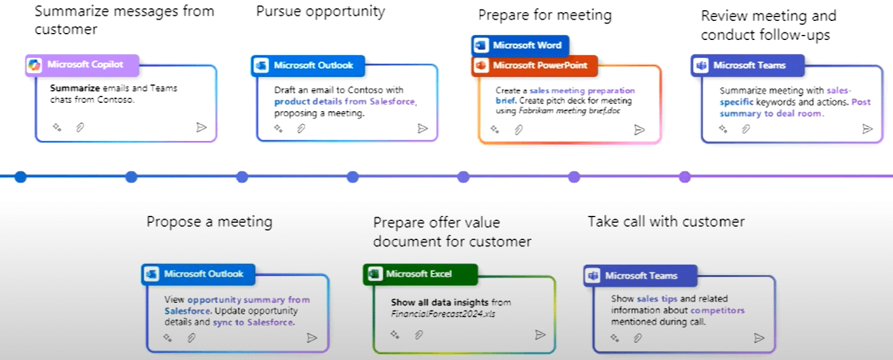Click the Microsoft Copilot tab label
[x=82, y=65]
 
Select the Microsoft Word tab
[x=520, y=46]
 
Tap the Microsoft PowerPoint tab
[x=534, y=65]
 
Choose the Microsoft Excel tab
[x=420, y=274]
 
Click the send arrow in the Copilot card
[x=201, y=127]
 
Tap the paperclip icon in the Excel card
[x=419, y=335]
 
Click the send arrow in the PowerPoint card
[x=639, y=130]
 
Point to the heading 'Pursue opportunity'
[x=321, y=11]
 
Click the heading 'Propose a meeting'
[x=209, y=222]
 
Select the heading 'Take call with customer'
[x=666, y=222]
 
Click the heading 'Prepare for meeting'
[x=545, y=15]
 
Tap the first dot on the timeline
[x=20, y=177]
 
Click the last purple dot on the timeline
[x=684, y=177]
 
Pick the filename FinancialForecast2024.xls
[x=443, y=314]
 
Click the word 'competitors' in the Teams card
[x=717, y=310]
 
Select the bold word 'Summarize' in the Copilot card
[x=75, y=88]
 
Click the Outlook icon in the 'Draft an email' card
[x=261, y=65]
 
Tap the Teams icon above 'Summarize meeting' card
[x=701, y=65]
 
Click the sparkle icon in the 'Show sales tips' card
[x=615, y=338]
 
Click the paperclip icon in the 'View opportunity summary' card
[x=192, y=338]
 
